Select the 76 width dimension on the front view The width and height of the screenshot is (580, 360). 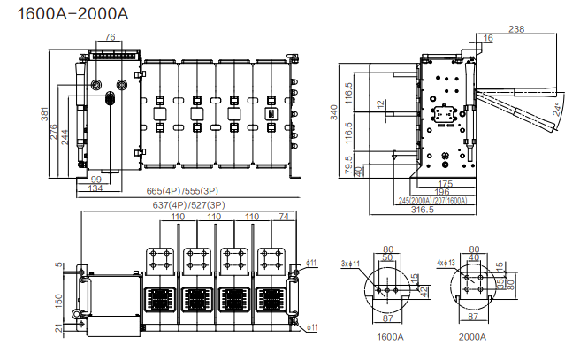tap(110, 37)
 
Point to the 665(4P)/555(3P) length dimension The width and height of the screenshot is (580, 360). tap(183, 191)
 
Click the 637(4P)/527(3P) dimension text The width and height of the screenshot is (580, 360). tap(188, 206)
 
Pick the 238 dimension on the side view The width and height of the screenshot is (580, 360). tap(516, 31)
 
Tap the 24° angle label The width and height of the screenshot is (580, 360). tap(556, 110)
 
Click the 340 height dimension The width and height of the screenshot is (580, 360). tap(335, 112)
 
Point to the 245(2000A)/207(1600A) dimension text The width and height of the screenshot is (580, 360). tap(432, 200)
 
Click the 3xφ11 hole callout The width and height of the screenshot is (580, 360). tap(353, 264)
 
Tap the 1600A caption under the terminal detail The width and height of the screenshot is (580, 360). tap(390, 337)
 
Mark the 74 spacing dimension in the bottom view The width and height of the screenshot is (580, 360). tap(283, 217)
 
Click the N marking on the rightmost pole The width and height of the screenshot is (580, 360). tap(271, 114)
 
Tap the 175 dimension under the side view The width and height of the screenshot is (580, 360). tap(446, 184)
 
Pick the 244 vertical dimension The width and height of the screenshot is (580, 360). tap(65, 138)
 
